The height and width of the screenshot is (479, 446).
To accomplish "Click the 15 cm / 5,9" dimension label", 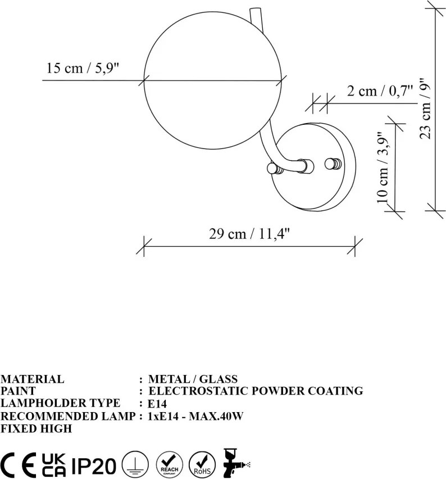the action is point(82,68).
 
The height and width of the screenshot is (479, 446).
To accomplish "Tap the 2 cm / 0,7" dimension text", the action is point(380,91).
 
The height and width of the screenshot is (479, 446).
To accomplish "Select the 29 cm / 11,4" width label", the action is point(249,234).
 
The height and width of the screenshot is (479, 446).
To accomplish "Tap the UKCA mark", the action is point(54,465).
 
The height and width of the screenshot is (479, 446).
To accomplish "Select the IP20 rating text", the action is point(94,466).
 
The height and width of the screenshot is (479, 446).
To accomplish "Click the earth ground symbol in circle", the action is point(135,464).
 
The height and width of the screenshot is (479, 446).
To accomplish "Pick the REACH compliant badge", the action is point(170,464).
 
